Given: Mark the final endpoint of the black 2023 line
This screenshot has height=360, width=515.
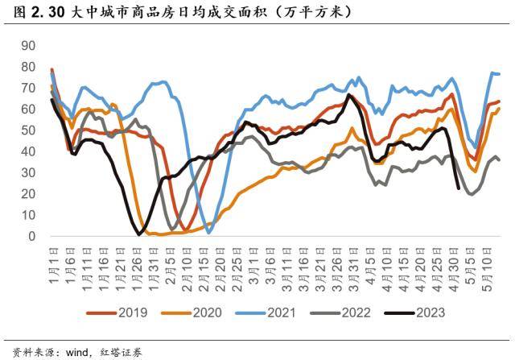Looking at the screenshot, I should point(458,188).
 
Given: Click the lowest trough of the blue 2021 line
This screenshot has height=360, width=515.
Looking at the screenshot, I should point(209,232).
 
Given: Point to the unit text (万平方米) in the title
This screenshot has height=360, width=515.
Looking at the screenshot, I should point(311,13).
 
